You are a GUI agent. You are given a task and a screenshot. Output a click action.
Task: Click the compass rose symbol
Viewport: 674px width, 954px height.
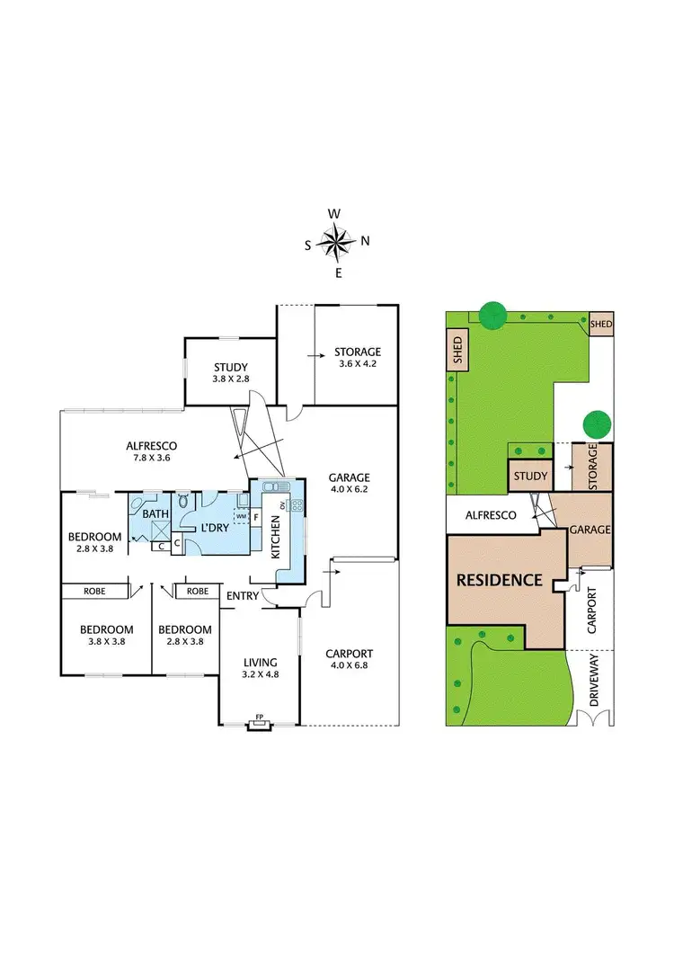pyautogui.click(x=336, y=241)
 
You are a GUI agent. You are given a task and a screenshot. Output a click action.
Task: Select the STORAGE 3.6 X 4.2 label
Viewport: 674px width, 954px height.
pyautogui.click(x=358, y=358)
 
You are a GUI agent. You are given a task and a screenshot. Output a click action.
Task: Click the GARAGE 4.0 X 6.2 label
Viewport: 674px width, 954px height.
pyautogui.click(x=350, y=484)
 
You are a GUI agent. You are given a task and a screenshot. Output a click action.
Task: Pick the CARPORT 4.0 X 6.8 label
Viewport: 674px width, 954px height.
pyautogui.click(x=350, y=659)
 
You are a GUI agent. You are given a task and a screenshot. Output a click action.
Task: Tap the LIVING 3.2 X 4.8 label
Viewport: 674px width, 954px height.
pyautogui.click(x=260, y=668)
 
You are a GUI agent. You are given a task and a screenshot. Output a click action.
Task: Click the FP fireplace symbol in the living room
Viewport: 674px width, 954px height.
pyautogui.click(x=259, y=718)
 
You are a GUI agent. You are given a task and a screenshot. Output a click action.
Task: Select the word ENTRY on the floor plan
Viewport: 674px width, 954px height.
pyautogui.click(x=243, y=595)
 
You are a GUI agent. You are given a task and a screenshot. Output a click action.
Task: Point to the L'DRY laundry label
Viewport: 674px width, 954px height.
pyautogui.click(x=213, y=527)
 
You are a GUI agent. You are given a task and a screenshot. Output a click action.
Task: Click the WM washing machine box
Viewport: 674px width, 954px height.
pyautogui.click(x=241, y=516)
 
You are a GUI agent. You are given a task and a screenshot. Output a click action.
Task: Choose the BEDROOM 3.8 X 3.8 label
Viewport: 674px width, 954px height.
pyautogui.click(x=106, y=635)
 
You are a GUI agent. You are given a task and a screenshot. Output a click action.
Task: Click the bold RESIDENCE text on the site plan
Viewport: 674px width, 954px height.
pyautogui.click(x=500, y=580)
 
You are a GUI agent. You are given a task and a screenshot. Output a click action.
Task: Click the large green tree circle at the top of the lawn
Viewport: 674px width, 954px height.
pyautogui.click(x=491, y=314)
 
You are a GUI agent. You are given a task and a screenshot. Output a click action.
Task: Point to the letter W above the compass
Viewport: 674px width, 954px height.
pyautogui.click(x=333, y=214)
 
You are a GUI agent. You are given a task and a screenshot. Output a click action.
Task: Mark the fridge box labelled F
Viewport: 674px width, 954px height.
pyautogui.click(x=256, y=517)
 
